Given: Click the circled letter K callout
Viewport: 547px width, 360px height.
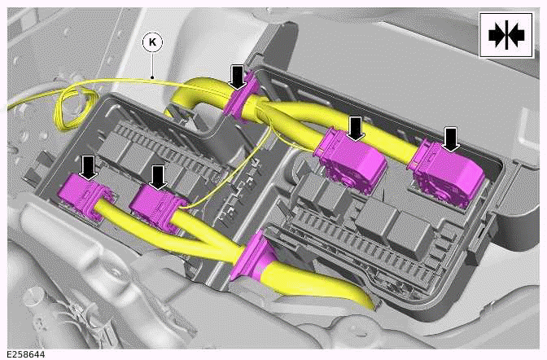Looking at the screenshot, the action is (152, 42).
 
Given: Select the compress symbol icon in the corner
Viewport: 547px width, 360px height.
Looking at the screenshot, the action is (506, 35).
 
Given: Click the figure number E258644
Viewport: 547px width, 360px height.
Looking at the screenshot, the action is (26, 355).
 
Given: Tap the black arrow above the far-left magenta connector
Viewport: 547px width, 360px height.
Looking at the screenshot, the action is (89, 168).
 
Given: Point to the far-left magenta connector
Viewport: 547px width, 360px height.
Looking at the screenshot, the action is (85, 196).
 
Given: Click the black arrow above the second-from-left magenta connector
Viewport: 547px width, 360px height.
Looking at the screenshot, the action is (158, 178).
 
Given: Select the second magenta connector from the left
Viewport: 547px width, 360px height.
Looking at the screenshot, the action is (158, 209).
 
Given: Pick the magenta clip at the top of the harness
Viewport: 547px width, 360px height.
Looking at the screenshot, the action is (241, 94).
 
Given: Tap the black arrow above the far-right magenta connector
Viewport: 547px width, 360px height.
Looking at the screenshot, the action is (451, 140).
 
